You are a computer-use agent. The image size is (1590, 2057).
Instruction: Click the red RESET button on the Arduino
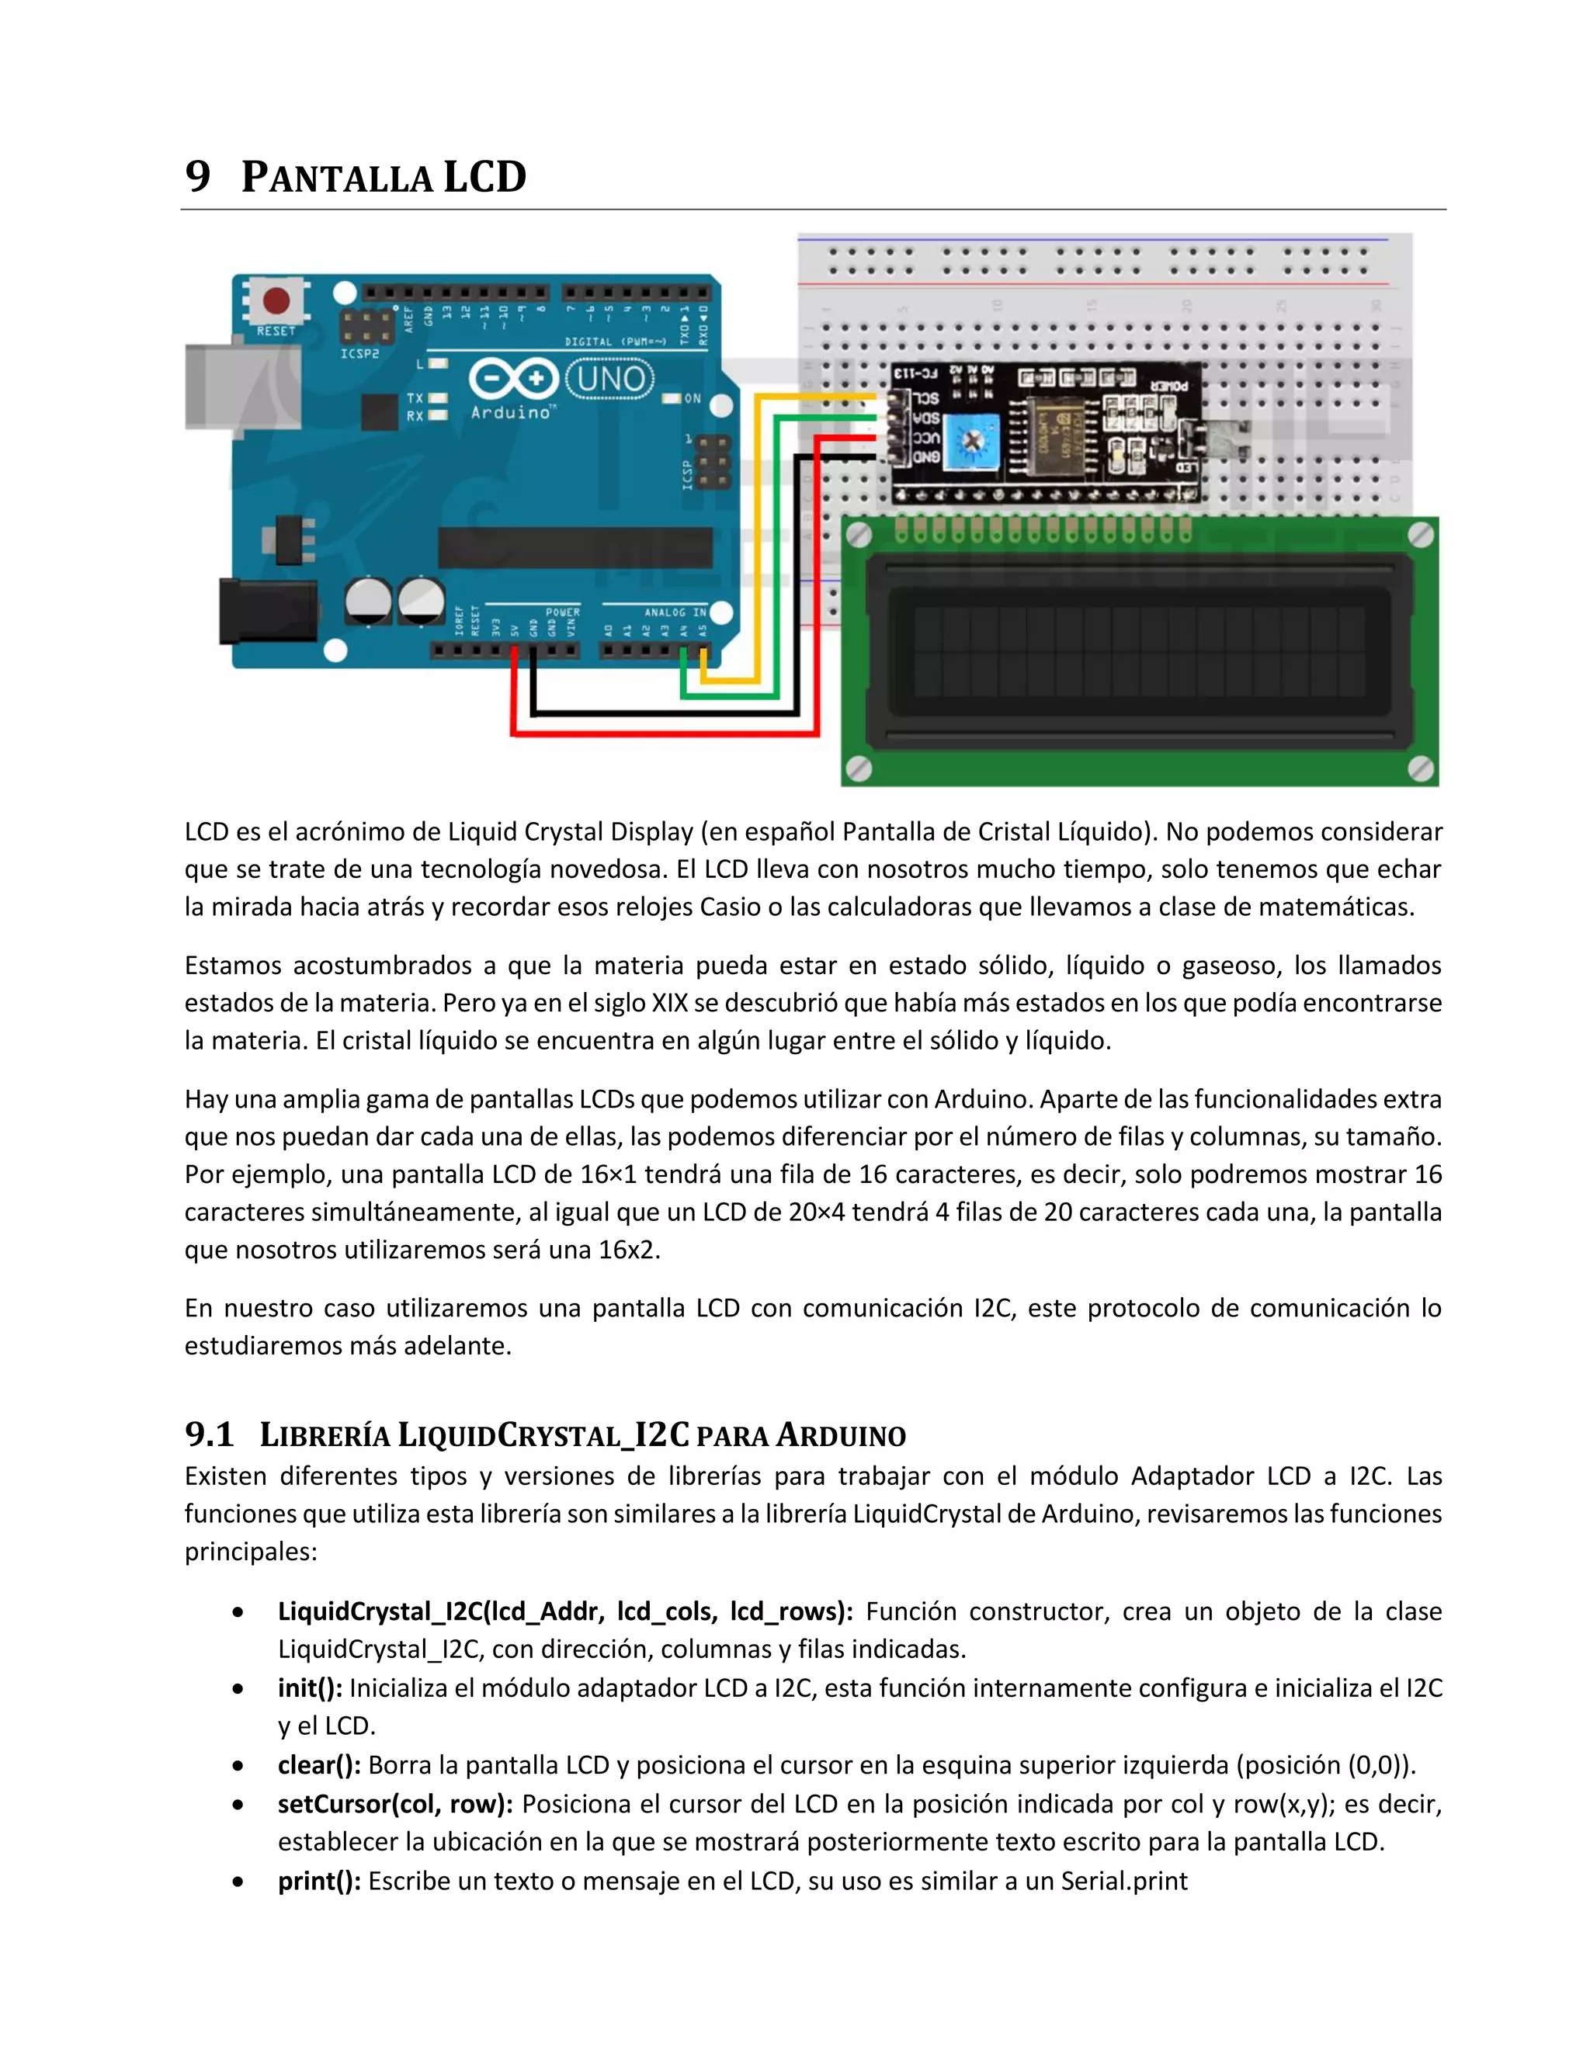click(x=276, y=301)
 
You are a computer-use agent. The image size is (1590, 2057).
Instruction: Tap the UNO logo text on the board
click(x=610, y=379)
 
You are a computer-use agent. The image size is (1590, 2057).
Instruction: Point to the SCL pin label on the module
click(x=926, y=398)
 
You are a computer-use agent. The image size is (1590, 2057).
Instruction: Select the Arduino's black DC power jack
click(x=266, y=611)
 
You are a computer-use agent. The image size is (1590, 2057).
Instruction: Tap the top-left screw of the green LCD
click(x=858, y=536)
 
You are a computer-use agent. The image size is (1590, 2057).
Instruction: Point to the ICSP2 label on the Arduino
click(x=359, y=354)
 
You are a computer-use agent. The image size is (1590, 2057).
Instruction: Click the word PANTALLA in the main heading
click(x=336, y=178)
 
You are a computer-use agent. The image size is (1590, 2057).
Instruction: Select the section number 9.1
click(x=209, y=1435)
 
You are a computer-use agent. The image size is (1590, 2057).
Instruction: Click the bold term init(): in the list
click(x=310, y=1688)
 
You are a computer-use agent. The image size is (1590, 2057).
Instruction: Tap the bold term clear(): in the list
click(x=319, y=1765)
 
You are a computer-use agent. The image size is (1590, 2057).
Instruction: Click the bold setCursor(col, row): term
click(x=394, y=1804)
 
